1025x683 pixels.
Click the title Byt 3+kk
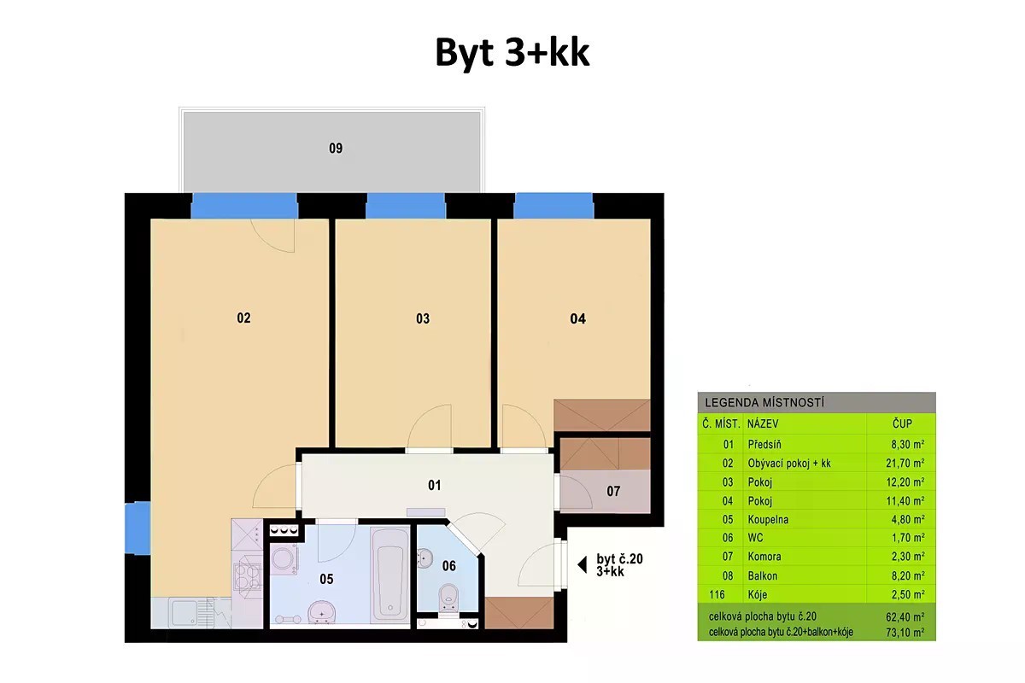[512, 53]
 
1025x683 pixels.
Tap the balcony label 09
[336, 149]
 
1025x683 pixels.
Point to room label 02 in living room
[243, 318]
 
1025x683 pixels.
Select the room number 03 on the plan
[423, 318]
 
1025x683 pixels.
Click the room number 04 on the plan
[577, 318]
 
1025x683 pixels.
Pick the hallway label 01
[434, 485]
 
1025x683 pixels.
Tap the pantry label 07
[613, 491]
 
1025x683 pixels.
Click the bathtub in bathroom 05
[389, 575]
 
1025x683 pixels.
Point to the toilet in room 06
[448, 597]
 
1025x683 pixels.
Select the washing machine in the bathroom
[284, 558]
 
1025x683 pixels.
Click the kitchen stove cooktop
[247, 576]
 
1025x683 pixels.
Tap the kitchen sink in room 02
[184, 612]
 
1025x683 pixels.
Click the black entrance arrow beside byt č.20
[582, 565]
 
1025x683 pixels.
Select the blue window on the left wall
[138, 528]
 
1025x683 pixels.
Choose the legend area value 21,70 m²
[905, 464]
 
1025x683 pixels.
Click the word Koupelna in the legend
[768, 520]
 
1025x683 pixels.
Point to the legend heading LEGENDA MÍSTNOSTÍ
[764, 403]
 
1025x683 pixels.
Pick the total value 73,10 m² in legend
[905, 633]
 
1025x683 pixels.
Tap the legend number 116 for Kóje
[717, 595]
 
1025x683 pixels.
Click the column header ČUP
[902, 423]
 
